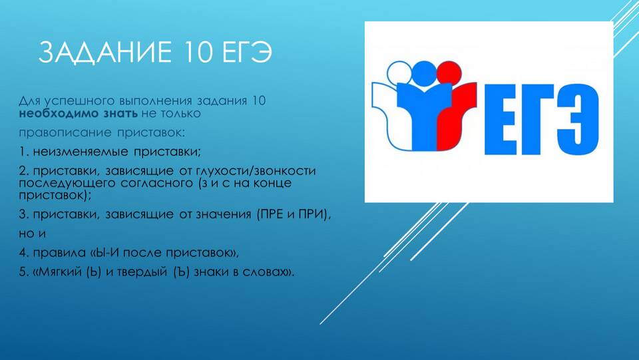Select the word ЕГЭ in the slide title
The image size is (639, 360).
[x=248, y=52]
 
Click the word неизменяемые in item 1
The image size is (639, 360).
[x=81, y=152]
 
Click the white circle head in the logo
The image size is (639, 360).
[x=400, y=74]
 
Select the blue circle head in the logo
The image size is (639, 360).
[x=424, y=73]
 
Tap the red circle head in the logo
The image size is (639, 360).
[x=449, y=73]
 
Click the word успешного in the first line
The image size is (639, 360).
[x=79, y=101]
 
